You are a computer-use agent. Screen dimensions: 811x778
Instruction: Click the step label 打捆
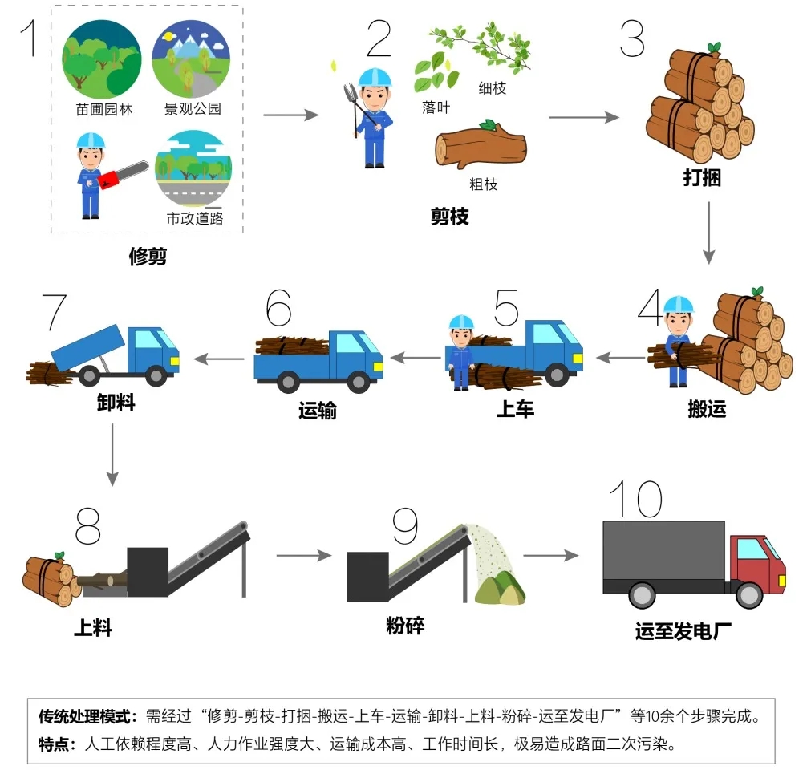[702, 177]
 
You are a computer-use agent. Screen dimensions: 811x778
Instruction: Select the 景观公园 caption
[193, 108]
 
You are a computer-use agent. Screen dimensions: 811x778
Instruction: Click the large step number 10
[635, 499]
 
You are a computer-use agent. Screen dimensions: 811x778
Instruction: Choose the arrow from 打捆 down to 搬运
[708, 233]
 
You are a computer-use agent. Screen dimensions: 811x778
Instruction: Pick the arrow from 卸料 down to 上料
[112, 455]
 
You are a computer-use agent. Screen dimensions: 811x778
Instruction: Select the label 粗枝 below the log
[484, 184]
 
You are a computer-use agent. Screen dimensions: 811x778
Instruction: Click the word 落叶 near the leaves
[436, 107]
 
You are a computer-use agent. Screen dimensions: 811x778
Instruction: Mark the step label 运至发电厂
[683, 631]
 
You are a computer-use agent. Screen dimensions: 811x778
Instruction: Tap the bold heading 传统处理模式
[83, 716]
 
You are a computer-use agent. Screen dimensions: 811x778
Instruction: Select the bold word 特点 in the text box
[53, 744]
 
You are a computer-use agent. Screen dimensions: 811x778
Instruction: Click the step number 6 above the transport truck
[279, 307]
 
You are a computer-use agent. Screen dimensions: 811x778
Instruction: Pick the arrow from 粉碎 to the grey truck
[551, 556]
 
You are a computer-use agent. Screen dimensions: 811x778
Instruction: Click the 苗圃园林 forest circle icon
[101, 59]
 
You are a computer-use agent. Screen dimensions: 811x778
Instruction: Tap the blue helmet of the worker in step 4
[678, 305]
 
